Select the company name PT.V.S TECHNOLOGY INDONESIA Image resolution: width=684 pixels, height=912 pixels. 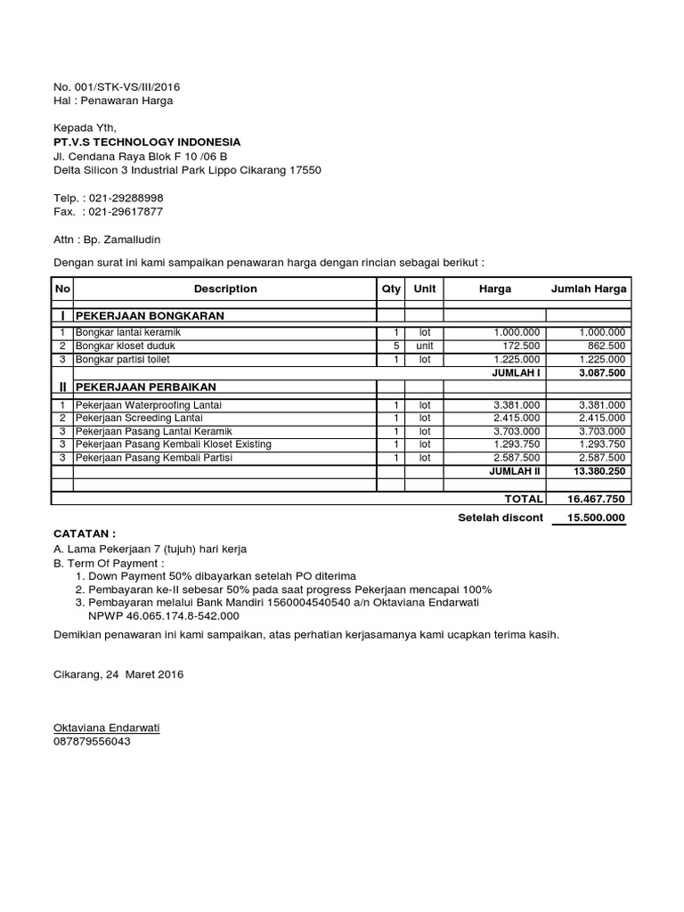[147, 142]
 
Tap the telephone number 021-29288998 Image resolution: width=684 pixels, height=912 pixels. [124, 198]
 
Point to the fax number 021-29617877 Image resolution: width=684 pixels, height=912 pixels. [124, 211]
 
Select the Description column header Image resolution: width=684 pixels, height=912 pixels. [225, 289]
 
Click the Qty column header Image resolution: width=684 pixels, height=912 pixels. [391, 289]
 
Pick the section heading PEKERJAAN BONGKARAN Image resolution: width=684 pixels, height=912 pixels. [150, 315]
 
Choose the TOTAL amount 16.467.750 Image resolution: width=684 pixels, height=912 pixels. [598, 500]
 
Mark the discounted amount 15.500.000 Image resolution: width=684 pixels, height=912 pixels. [591, 517]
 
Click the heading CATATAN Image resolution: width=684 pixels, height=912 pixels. [85, 532]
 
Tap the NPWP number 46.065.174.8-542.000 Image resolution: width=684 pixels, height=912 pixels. [182, 615]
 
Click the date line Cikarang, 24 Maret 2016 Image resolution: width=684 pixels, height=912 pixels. [118, 675]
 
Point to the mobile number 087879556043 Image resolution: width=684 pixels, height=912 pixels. [92, 740]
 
